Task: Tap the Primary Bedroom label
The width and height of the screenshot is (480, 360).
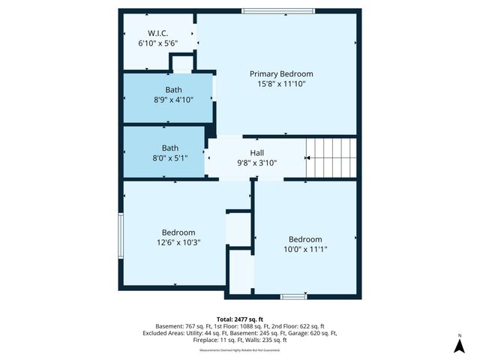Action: point(281,74)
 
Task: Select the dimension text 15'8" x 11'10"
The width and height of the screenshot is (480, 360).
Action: point(281,85)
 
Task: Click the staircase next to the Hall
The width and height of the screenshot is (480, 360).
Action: point(331,157)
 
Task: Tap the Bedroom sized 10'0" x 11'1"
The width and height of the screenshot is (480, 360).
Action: point(305,244)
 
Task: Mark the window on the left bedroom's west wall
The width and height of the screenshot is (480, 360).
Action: point(120,236)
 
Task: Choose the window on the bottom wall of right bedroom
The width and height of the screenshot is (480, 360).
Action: point(293,296)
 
